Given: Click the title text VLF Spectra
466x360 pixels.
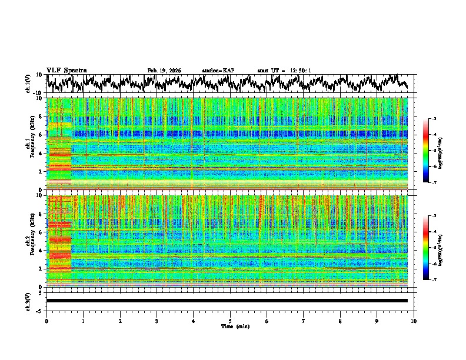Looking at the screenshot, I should pos(66,70).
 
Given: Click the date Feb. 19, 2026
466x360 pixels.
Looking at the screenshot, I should pos(164,71).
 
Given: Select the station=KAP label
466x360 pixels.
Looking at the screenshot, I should pos(218,71).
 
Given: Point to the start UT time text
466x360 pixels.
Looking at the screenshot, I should pos(284,71).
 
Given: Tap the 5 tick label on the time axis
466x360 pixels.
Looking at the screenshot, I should pos(230,321).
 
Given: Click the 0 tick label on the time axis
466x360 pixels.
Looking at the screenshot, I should pos(46,321).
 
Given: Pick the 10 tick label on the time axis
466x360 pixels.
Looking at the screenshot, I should pos(414,321).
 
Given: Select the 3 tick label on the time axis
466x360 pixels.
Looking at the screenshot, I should pos(157,321).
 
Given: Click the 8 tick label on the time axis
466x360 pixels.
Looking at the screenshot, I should pos(340,321).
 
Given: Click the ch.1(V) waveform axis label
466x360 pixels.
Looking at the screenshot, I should pos(28,84).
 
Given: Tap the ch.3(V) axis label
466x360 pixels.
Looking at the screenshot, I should pos(28,301).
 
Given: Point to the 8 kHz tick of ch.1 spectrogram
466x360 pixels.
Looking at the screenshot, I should pos(41,116).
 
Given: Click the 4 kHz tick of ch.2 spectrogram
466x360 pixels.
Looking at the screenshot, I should pos(41,251).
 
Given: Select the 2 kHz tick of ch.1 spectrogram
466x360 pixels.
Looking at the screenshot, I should pos(41,172).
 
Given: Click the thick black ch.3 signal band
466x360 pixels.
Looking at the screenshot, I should pos(227,301).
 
